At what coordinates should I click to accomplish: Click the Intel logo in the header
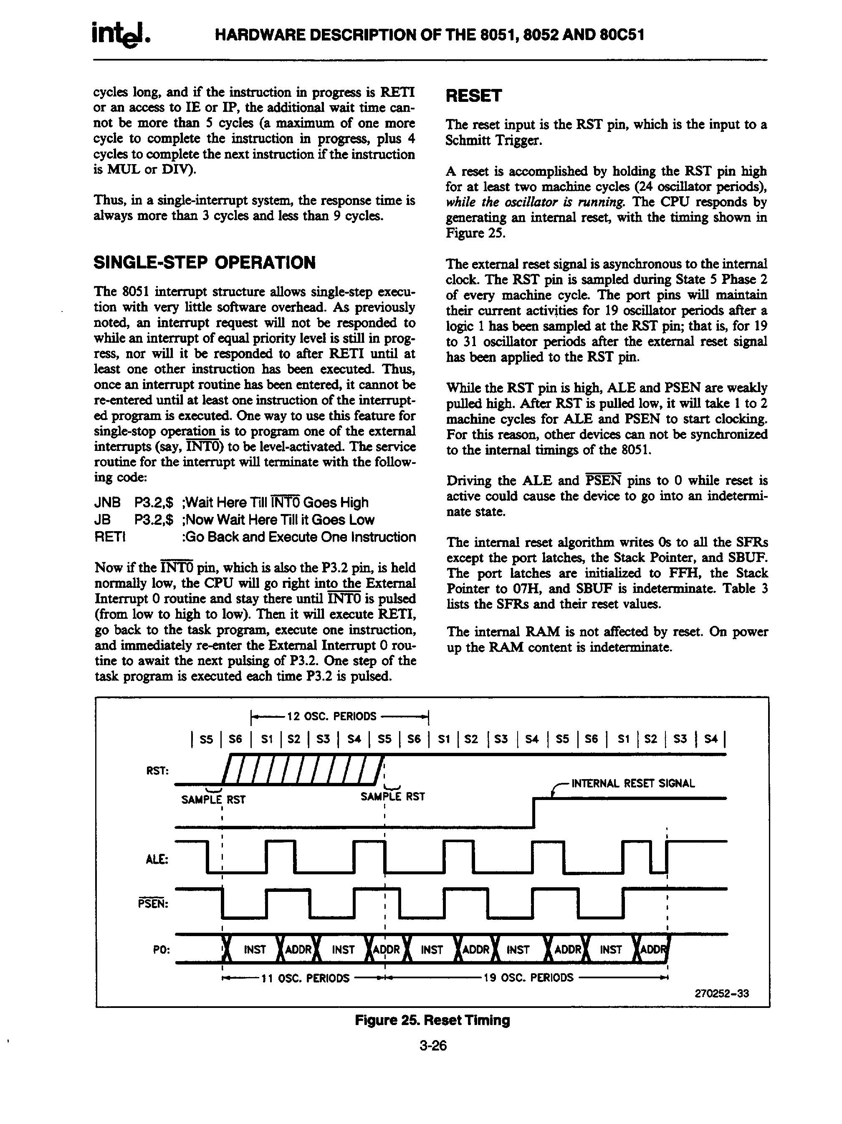click(120, 35)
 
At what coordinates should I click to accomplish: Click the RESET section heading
click(473, 96)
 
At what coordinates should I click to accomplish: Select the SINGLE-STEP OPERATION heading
click(205, 263)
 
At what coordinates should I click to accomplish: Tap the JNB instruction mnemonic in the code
click(107, 503)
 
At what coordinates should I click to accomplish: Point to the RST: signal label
click(157, 771)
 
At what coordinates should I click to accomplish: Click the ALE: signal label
click(157, 859)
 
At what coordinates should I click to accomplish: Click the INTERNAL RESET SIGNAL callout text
click(632, 783)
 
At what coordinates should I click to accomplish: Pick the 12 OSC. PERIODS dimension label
click(332, 716)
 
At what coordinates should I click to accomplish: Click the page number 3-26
click(432, 1046)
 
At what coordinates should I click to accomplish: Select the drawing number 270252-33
click(722, 994)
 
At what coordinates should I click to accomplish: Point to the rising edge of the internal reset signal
click(534, 813)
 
